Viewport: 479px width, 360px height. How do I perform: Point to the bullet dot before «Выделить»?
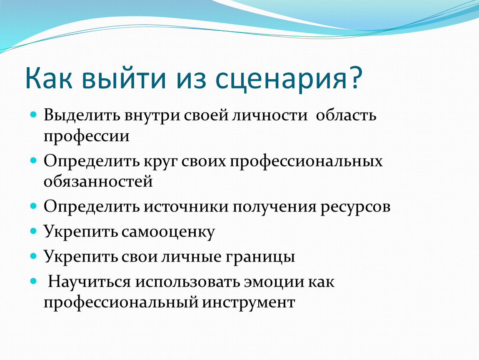[x=33, y=115]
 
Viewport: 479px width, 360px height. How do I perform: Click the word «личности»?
[x=269, y=115]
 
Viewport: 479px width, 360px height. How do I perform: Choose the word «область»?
[x=346, y=115]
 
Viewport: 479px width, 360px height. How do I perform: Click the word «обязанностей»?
[x=98, y=182]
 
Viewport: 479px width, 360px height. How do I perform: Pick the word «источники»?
[x=186, y=207]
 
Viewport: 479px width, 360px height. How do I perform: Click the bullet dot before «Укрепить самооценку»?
[x=33, y=230]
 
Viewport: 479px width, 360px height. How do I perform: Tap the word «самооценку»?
[x=168, y=232]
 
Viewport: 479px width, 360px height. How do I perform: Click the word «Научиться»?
[x=89, y=282]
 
